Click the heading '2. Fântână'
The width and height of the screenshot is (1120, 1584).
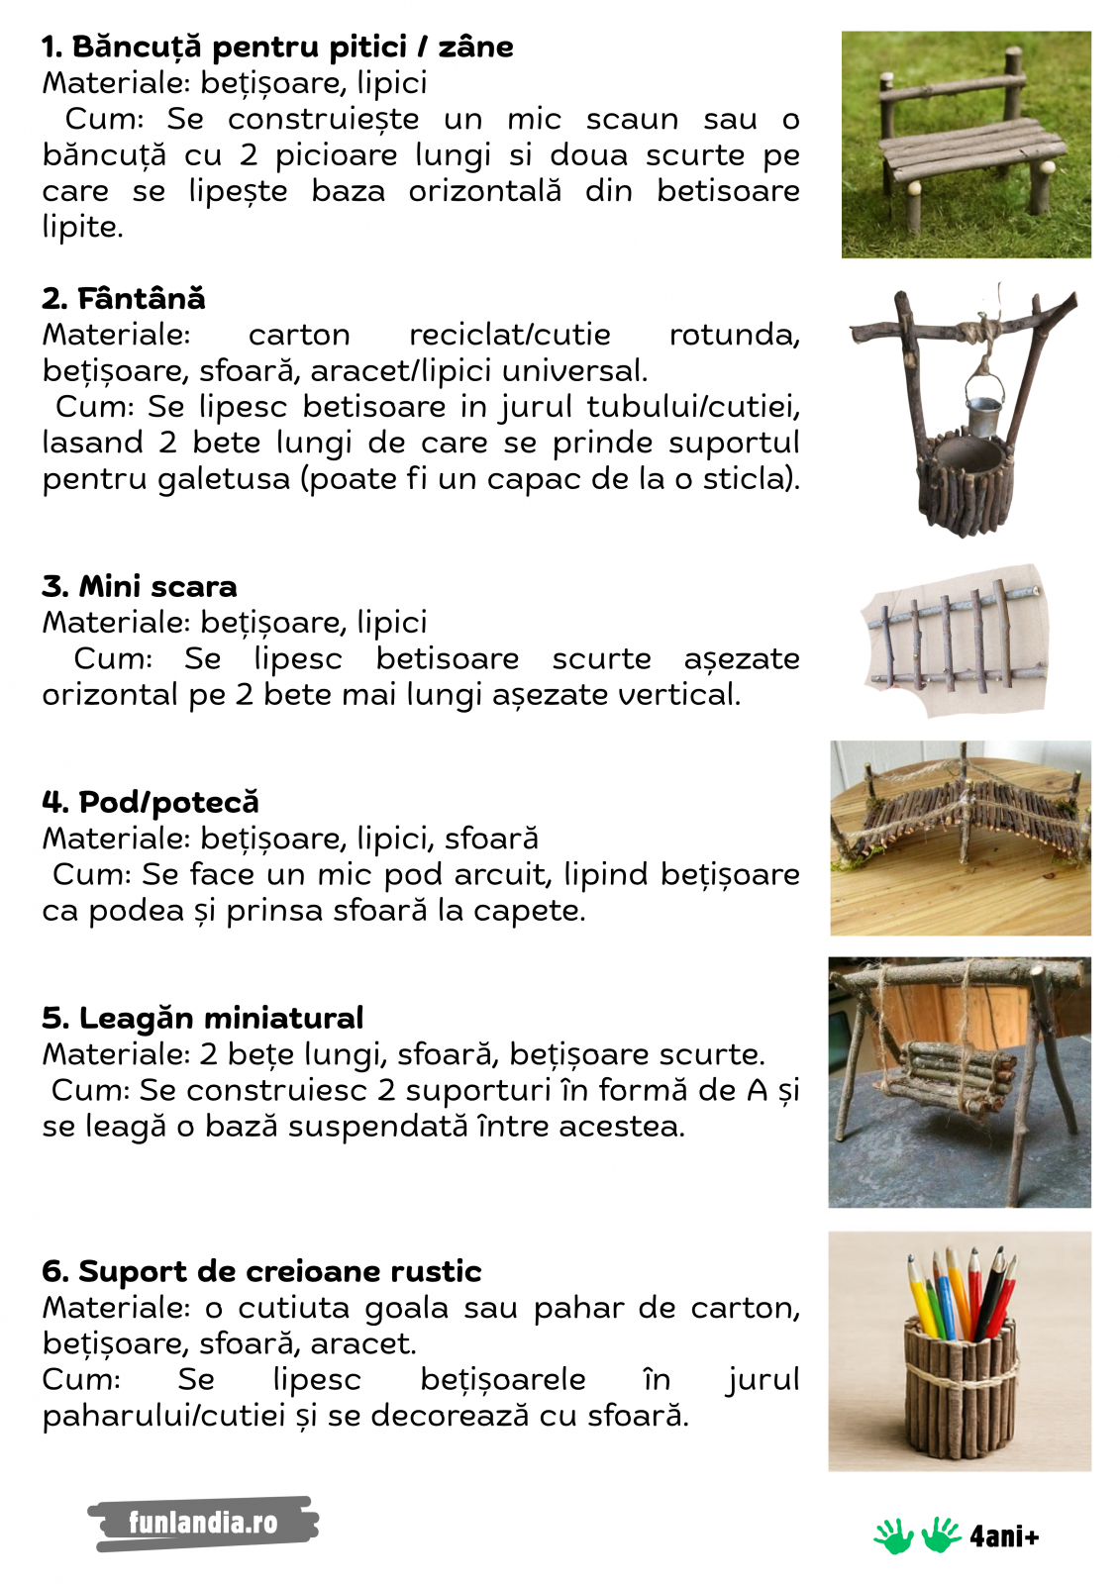(124, 298)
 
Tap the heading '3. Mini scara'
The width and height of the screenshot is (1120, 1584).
(140, 586)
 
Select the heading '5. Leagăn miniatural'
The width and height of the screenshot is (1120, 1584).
(203, 1018)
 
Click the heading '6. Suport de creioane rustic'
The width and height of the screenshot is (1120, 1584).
(261, 1271)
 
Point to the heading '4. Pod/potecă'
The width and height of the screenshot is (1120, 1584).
(151, 802)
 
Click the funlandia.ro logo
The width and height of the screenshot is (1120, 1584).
(203, 1523)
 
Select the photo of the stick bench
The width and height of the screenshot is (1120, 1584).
(966, 145)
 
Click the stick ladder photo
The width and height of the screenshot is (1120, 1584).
(955, 640)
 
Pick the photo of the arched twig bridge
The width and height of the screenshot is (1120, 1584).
(960, 838)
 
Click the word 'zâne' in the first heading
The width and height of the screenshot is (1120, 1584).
(476, 47)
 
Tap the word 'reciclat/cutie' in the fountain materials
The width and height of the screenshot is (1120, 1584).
(509, 335)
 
